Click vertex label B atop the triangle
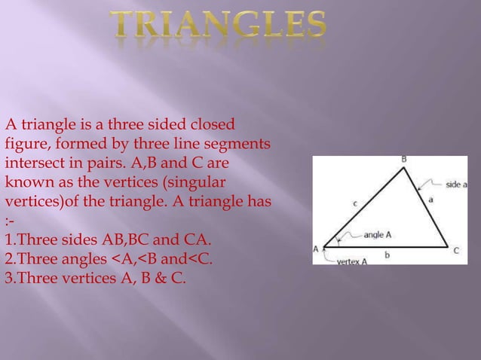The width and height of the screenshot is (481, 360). (404, 159)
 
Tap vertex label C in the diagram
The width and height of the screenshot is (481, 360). (455, 250)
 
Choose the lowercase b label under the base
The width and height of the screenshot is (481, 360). (387, 256)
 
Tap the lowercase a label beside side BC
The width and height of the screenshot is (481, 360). (430, 200)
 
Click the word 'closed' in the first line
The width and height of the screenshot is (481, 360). (212, 124)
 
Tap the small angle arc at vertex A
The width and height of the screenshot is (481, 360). (339, 239)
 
